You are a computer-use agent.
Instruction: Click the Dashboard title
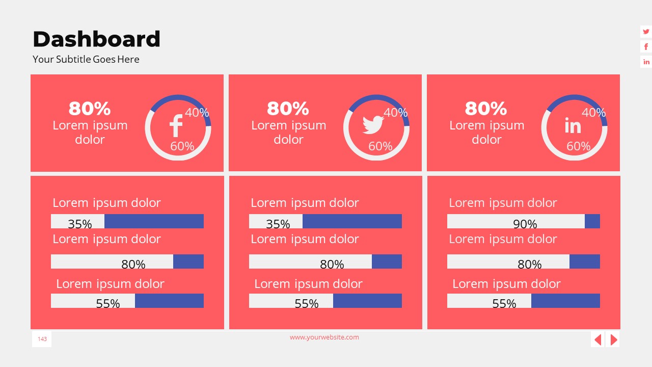point(96,39)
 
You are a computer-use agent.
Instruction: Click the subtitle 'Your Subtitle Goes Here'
point(86,59)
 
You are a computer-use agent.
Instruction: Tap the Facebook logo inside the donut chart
point(176,126)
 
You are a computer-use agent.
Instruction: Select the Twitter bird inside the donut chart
point(373,125)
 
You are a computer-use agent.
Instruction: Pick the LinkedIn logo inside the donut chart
point(573,125)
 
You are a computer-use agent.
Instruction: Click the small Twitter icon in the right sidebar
point(646,32)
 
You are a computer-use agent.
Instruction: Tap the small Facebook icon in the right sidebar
point(646,47)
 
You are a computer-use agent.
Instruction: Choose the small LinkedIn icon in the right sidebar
point(646,62)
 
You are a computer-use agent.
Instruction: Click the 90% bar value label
point(525,224)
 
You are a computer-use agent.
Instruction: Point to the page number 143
point(42,339)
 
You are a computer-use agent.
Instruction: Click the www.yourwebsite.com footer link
point(324,337)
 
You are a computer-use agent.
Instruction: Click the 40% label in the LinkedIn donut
point(593,113)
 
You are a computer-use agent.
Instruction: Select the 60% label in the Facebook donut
point(182,146)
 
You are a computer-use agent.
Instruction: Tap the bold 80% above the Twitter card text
point(288,109)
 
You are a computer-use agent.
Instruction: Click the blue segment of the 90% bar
point(592,221)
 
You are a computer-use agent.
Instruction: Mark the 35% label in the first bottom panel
point(80,224)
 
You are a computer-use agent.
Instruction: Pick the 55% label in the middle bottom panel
point(306,303)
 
